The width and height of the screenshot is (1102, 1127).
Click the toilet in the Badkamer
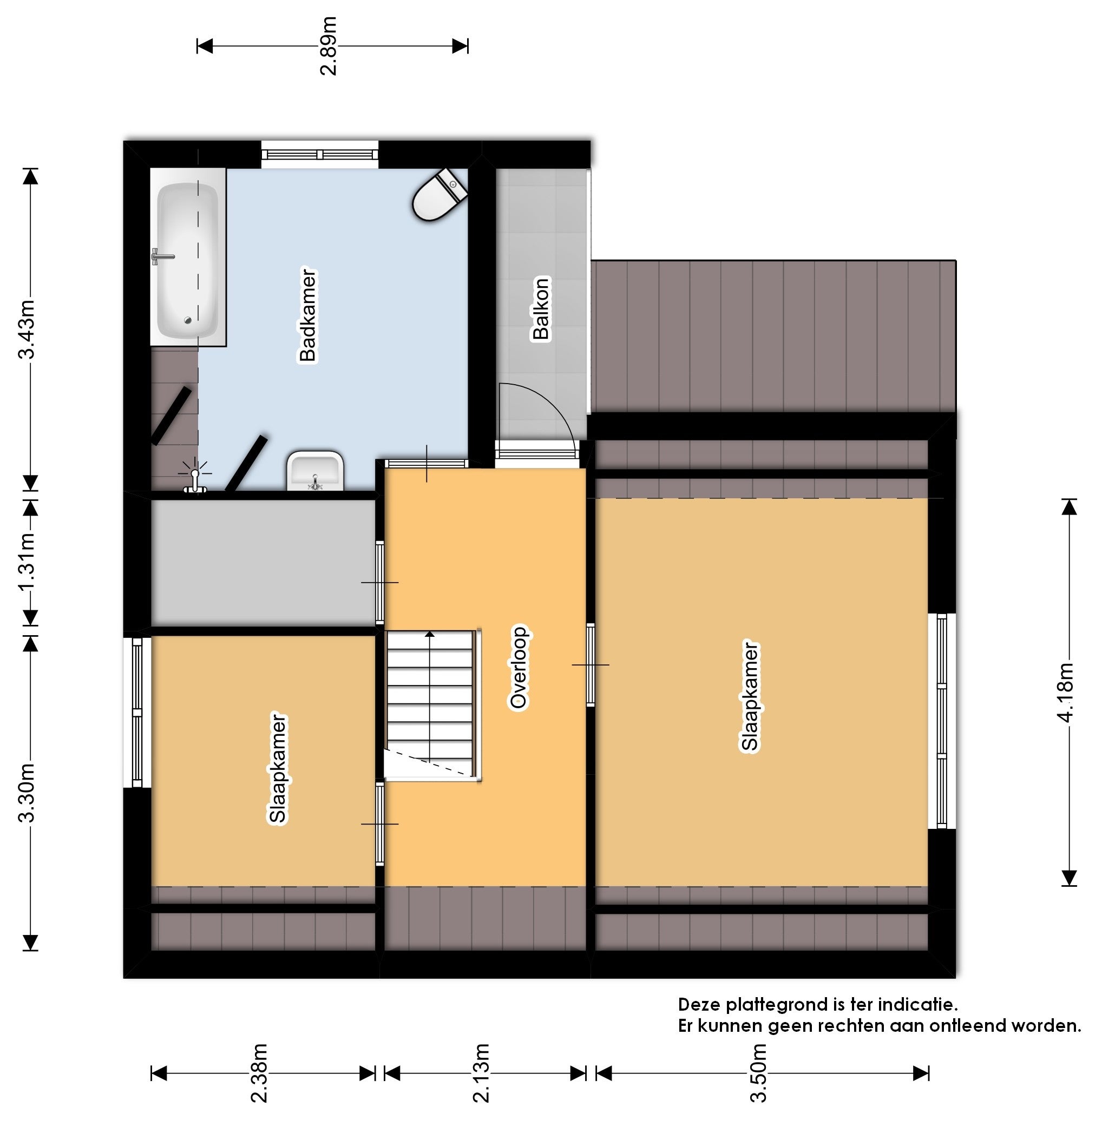(x=440, y=195)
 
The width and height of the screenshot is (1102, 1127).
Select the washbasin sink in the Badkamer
(x=315, y=471)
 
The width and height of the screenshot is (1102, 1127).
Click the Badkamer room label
(x=308, y=315)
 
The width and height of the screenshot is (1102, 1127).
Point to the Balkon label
(x=541, y=308)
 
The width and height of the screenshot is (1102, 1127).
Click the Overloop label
(x=519, y=668)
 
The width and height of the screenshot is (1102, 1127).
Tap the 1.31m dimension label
(x=27, y=561)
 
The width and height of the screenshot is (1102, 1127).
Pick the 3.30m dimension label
(x=27, y=793)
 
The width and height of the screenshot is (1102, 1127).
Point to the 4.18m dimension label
(x=1066, y=692)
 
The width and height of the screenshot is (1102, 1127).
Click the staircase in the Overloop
(x=432, y=705)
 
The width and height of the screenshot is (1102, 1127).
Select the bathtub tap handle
(x=162, y=256)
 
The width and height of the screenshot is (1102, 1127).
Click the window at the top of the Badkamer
(x=319, y=155)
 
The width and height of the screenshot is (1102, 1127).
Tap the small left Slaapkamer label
(x=278, y=768)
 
